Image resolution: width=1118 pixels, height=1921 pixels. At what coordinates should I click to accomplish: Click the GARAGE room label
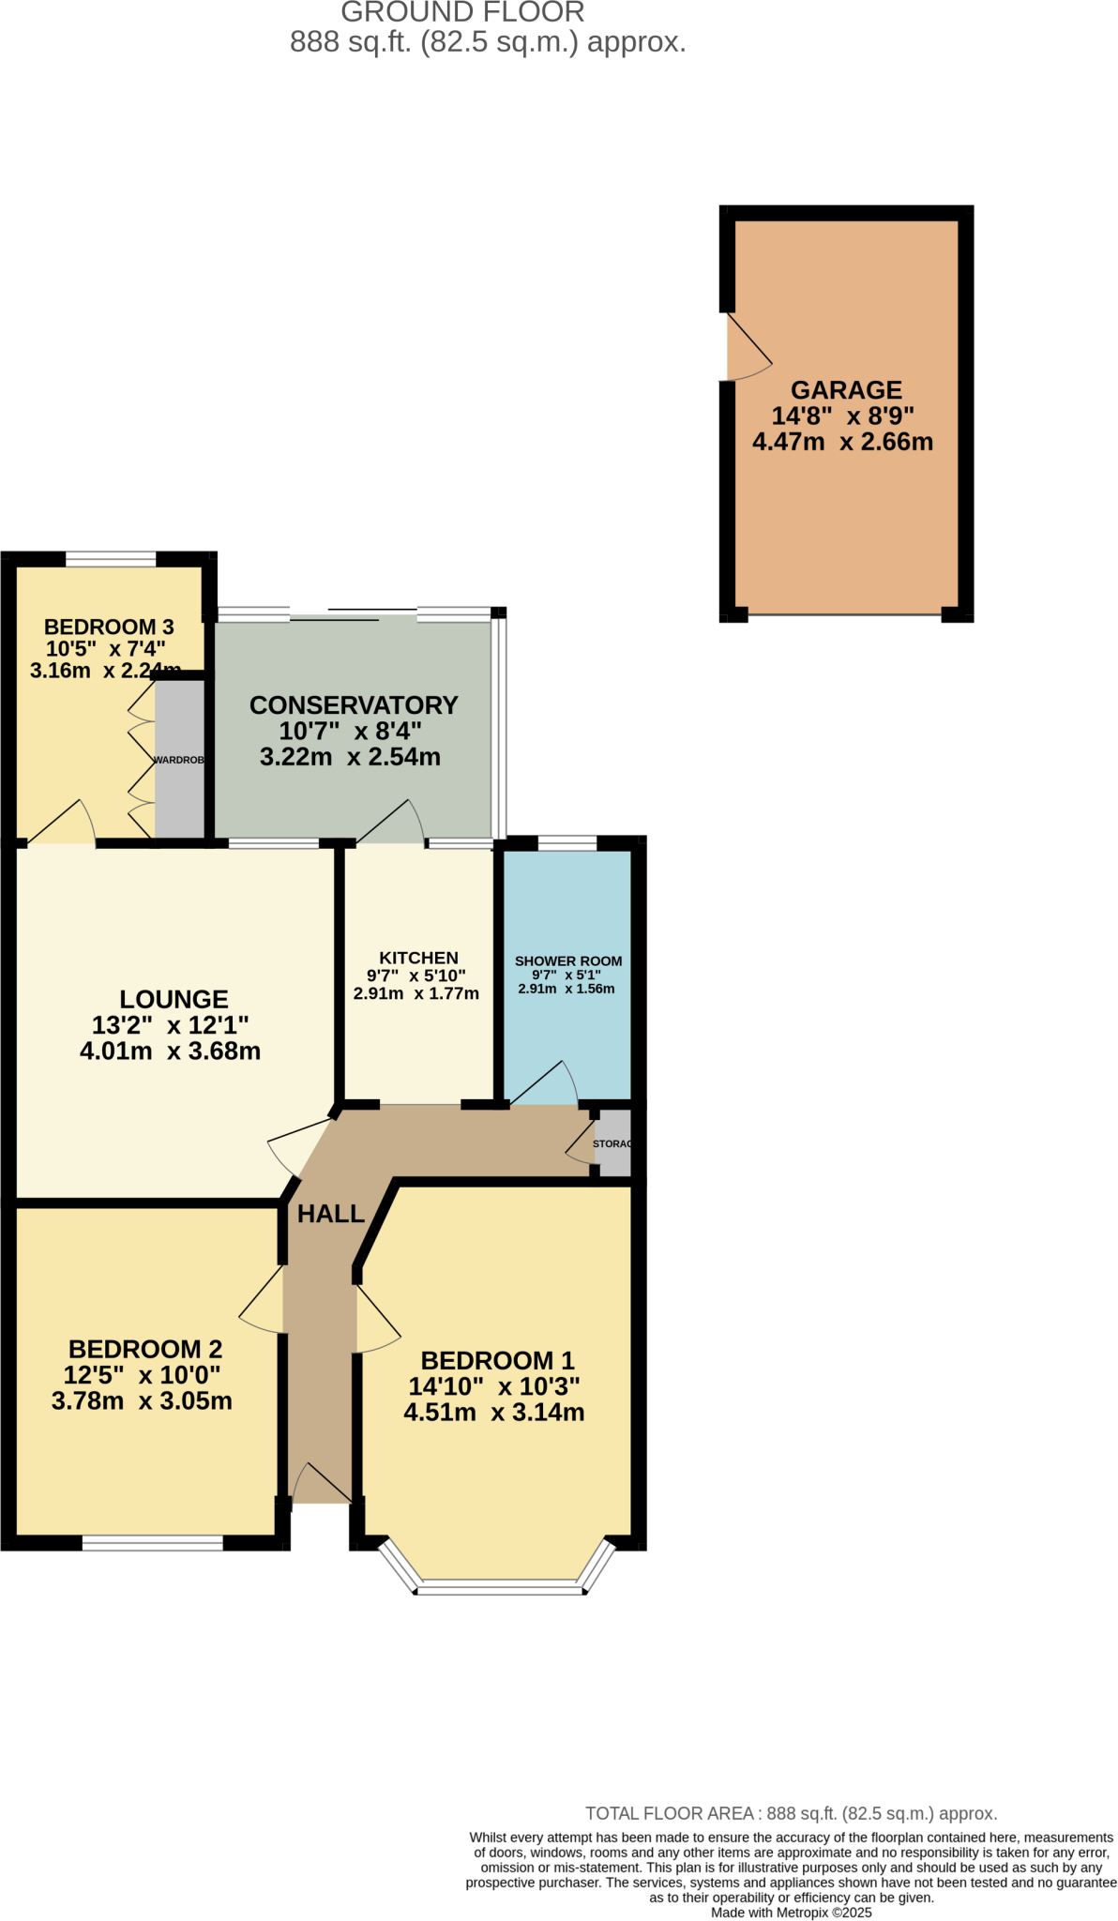(846, 390)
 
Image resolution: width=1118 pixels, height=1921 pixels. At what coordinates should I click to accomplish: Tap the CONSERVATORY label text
(354, 705)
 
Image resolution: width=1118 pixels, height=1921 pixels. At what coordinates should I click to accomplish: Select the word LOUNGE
(174, 1000)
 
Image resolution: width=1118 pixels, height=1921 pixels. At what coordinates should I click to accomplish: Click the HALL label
(331, 1214)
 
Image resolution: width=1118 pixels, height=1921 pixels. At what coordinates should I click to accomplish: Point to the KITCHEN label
(418, 958)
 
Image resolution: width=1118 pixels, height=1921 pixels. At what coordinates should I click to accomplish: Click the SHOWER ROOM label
(568, 960)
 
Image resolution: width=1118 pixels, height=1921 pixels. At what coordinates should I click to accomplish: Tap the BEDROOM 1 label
(497, 1360)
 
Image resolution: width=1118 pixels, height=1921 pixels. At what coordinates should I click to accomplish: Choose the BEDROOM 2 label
(145, 1349)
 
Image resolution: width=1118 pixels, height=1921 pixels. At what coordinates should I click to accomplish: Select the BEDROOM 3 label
(109, 627)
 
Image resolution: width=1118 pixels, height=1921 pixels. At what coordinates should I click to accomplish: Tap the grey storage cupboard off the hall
(614, 1143)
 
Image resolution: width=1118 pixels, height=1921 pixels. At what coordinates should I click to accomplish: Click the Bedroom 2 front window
(153, 1542)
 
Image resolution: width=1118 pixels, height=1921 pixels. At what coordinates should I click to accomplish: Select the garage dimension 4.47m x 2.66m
(842, 442)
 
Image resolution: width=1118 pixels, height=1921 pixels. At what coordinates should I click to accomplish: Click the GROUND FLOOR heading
(462, 12)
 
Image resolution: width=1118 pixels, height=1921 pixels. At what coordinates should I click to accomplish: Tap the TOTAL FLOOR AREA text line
(791, 1813)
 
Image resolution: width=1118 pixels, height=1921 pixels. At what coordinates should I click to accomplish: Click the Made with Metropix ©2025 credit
(791, 1912)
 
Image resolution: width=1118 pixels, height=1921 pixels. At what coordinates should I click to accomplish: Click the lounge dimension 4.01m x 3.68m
(171, 1051)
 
